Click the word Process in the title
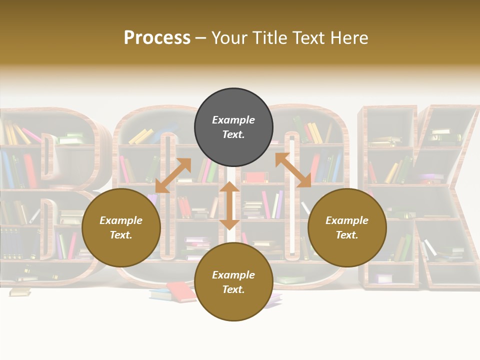click(157, 38)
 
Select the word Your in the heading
click(228, 38)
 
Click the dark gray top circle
click(233, 127)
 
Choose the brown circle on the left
click(121, 227)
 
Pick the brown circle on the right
click(347, 227)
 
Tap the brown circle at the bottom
click(233, 282)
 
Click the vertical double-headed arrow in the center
click(229, 205)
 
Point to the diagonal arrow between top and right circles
click(293, 170)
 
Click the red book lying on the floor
click(181, 291)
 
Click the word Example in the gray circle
click(233, 120)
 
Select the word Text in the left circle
click(121, 235)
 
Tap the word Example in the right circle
click(347, 220)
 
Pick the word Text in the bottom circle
click(233, 289)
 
